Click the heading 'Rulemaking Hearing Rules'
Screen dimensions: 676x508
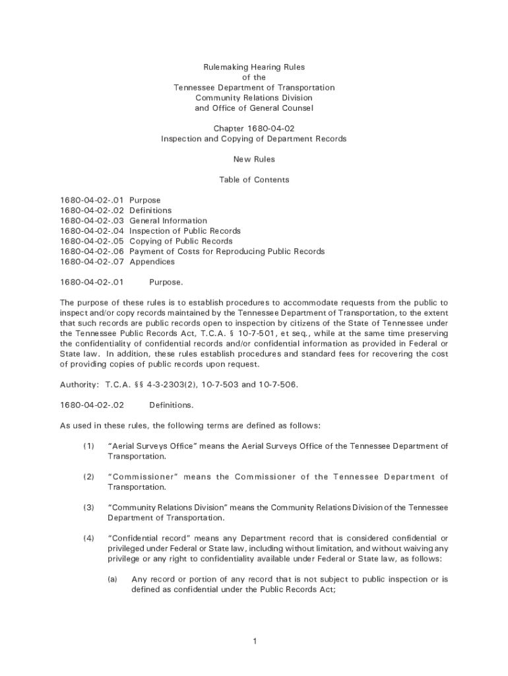pos(254,67)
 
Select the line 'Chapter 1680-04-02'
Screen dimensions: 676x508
pos(254,129)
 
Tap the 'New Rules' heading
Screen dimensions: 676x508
pos(254,159)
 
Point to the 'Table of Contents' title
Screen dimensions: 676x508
pos(254,180)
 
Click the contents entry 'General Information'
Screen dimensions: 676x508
pos(168,220)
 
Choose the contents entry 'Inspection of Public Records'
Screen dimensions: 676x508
pos(185,231)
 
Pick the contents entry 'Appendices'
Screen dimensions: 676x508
pos(152,261)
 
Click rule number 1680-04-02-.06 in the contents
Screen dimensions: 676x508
pos(92,252)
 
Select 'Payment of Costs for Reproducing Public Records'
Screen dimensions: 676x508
pos(227,252)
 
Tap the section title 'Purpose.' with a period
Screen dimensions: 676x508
pos(166,283)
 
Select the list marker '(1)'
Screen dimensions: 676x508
pos(88,446)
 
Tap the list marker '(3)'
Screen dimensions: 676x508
pos(88,508)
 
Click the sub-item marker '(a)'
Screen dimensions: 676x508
pos(113,580)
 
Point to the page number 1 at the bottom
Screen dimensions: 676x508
pos(254,641)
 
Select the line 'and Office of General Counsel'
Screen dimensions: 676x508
pos(254,108)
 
